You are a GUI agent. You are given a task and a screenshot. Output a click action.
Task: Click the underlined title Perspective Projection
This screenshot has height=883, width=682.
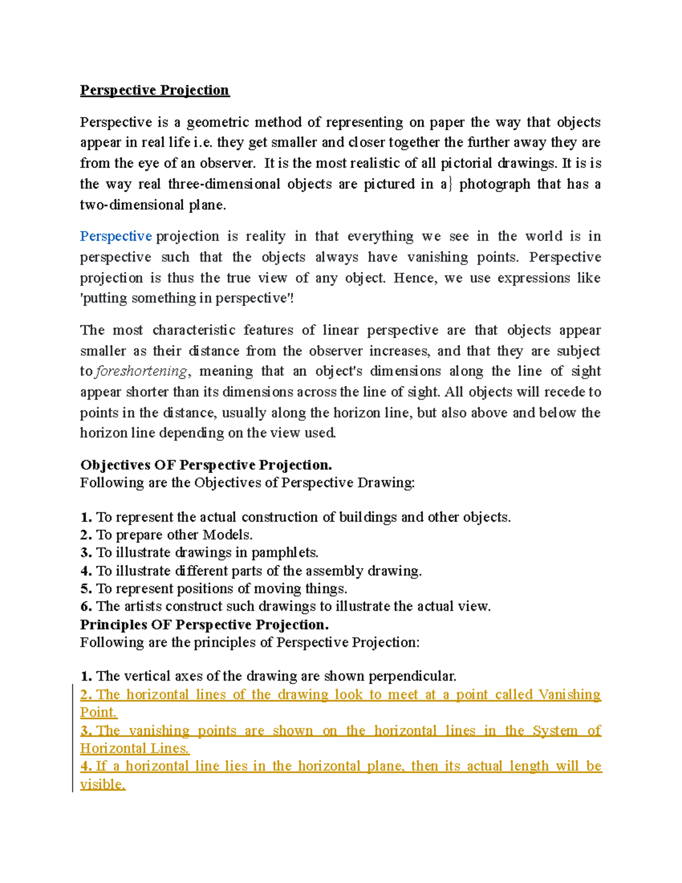[155, 90]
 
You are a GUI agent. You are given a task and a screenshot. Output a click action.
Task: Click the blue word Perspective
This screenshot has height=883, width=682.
[116, 237]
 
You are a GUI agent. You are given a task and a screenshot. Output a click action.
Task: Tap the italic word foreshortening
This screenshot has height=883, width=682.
[141, 371]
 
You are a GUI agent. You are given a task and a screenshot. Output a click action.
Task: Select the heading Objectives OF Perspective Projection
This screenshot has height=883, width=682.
[206, 465]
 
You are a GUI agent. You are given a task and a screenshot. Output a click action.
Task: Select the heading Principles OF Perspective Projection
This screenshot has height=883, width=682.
[204, 625]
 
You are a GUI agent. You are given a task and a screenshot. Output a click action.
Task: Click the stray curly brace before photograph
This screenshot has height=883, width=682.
[450, 185]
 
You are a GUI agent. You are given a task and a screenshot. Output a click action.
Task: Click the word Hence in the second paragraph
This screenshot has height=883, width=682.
[414, 278]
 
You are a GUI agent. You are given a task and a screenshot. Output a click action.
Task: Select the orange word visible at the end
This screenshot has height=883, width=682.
[102, 785]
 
